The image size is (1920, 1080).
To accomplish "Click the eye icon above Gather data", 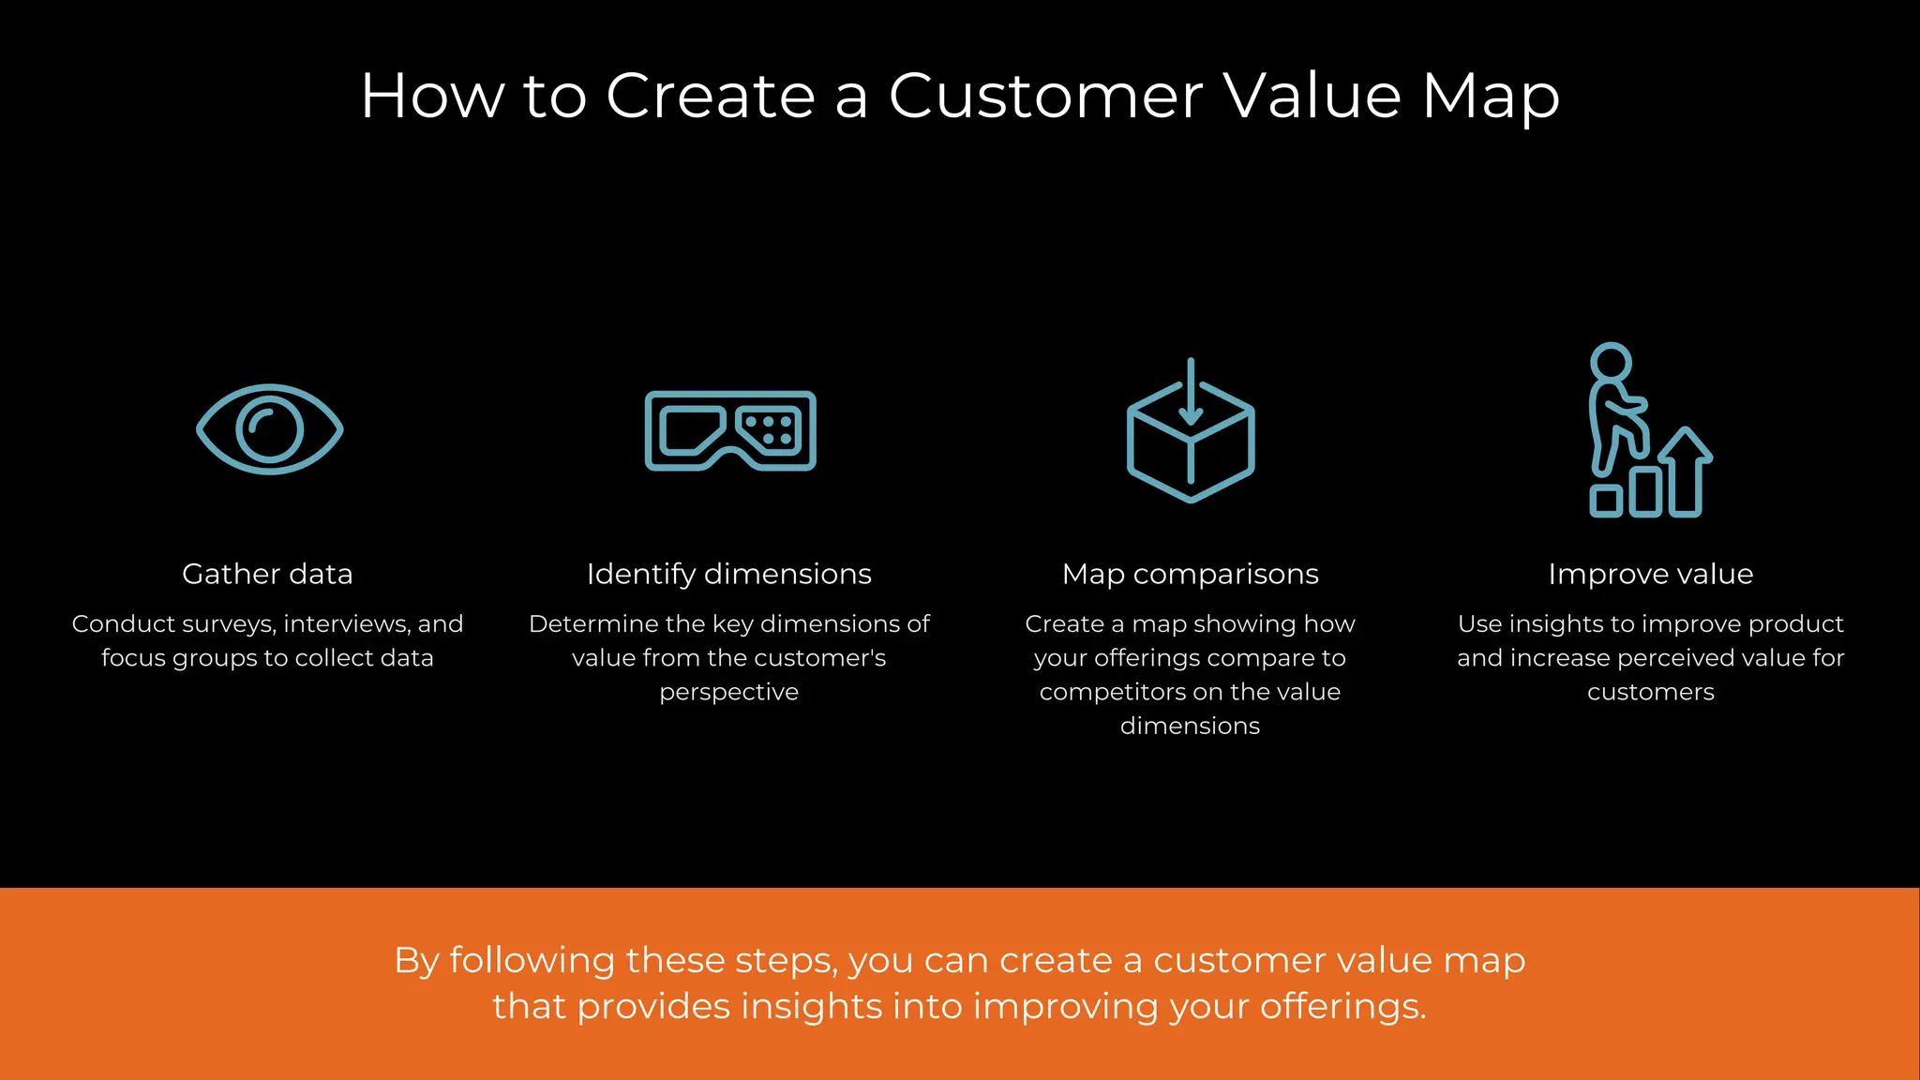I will click(x=270, y=429).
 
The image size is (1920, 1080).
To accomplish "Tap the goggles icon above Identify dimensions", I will click(x=730, y=430).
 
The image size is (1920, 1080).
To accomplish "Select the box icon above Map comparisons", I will click(x=1191, y=441).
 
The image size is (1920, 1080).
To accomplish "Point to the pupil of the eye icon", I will click(x=270, y=429).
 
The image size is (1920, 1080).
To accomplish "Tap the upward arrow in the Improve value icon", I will click(x=1686, y=469).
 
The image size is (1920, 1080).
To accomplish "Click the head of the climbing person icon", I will click(x=1611, y=362).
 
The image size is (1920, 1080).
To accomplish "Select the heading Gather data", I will click(x=267, y=574).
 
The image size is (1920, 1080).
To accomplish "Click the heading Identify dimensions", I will click(x=729, y=574).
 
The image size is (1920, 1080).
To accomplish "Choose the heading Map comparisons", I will click(x=1191, y=574).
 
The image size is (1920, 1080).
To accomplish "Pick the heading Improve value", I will click(x=1651, y=574).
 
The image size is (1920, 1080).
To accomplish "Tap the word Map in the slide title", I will click(x=1491, y=97).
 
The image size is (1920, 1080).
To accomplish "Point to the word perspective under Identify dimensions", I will click(x=729, y=693).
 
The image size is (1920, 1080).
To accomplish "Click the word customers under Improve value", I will click(x=1651, y=692).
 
